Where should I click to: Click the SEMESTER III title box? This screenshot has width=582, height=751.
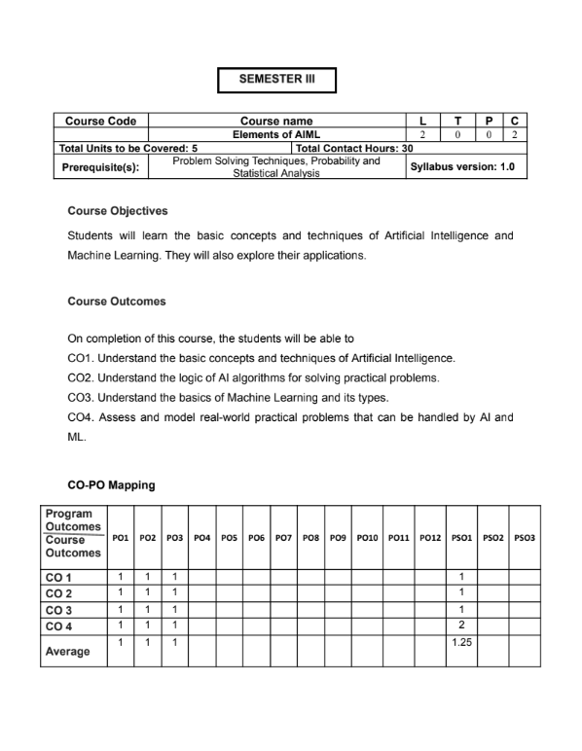pyautogui.click(x=276, y=80)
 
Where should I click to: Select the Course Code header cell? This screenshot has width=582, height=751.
pyautogui.click(x=100, y=122)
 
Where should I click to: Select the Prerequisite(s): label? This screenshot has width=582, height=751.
pyautogui.click(x=100, y=166)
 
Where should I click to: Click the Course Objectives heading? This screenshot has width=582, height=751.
pyautogui.click(x=117, y=211)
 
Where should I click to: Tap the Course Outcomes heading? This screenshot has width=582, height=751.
pyautogui.click(x=116, y=302)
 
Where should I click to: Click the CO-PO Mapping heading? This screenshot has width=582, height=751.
pyautogui.click(x=111, y=484)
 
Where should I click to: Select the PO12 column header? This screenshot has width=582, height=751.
pyautogui.click(x=429, y=538)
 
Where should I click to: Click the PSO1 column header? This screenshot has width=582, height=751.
pyautogui.click(x=461, y=538)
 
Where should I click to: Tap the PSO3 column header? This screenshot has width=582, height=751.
pyautogui.click(x=525, y=538)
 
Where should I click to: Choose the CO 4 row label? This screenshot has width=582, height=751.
pyautogui.click(x=59, y=626)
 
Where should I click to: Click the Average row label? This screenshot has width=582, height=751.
pyautogui.click(x=67, y=652)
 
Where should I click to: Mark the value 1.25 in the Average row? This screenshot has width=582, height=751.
pyautogui.click(x=461, y=643)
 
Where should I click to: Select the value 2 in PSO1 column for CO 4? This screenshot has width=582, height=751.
pyautogui.click(x=461, y=626)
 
